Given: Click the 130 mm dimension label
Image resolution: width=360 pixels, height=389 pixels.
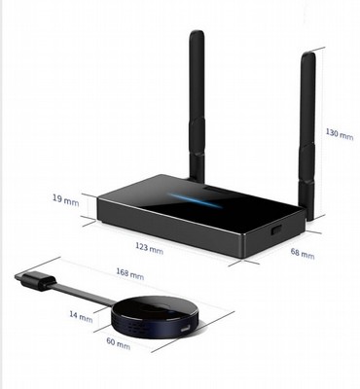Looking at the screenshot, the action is click(x=340, y=133).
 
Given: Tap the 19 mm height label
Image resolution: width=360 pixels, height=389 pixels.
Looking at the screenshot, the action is click(x=66, y=199).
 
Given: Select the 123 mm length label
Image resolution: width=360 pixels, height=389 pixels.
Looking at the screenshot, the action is click(x=149, y=248).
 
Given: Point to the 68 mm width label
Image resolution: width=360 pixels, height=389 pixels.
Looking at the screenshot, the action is click(x=303, y=254).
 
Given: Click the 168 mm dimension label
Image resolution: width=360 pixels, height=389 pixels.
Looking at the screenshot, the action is click(x=130, y=274).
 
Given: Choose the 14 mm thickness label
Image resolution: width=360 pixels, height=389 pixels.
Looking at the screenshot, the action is click(x=81, y=316).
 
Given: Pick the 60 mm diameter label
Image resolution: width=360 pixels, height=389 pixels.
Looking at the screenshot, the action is click(x=119, y=343).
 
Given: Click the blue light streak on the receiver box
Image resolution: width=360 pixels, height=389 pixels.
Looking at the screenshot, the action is click(x=195, y=200).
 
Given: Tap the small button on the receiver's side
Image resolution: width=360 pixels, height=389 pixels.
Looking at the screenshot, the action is click(x=276, y=230).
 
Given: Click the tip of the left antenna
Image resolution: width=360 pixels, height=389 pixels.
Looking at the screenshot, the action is click(x=197, y=31).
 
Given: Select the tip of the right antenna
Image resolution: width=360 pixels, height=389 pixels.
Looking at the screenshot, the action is click(x=308, y=53).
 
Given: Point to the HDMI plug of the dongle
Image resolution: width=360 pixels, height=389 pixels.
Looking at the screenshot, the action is click(x=35, y=280).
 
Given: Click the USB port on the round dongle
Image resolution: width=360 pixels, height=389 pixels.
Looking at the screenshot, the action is click(x=185, y=330).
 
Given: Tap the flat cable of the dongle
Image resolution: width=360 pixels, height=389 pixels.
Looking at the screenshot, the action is click(x=83, y=294).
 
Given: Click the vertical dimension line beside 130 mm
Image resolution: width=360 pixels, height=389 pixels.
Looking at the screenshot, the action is click(x=324, y=133).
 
